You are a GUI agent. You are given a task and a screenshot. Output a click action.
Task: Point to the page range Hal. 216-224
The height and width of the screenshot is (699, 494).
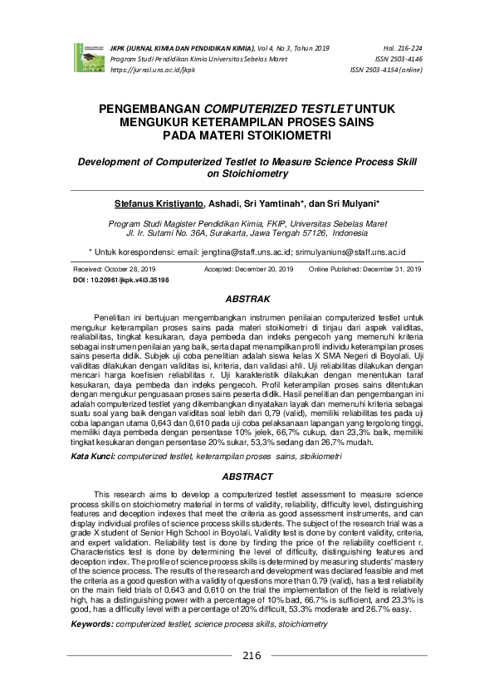point(404,49)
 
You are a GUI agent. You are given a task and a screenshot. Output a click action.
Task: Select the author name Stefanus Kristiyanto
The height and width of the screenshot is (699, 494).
point(158,203)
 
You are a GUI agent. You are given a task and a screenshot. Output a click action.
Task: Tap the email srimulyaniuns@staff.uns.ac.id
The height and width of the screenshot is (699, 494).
point(351,250)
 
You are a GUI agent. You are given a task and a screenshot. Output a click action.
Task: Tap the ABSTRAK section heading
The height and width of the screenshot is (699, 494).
point(247,297)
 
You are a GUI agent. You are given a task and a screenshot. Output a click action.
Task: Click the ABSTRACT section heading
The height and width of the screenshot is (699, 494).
point(247,477)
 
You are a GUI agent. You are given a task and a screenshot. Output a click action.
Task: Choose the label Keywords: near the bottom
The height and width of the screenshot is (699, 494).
point(92,645)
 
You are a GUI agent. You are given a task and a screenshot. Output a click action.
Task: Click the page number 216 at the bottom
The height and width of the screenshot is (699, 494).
point(252,680)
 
